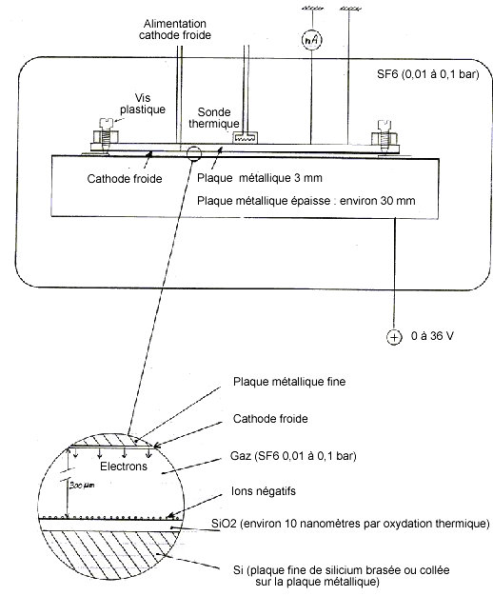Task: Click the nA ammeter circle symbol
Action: [311, 40]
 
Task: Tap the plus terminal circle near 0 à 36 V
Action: [394, 337]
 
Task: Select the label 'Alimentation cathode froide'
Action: [175, 30]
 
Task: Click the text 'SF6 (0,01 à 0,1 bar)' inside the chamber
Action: [427, 73]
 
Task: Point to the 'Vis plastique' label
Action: [143, 104]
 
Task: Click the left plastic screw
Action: [106, 136]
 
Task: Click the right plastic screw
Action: [385, 137]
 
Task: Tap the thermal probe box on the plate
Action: [245, 138]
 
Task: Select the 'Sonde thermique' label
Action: [214, 118]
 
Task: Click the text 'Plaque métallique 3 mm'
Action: [259, 178]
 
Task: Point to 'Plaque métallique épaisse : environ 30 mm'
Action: [306, 201]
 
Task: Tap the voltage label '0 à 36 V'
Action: [432, 336]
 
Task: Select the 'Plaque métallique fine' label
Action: [289, 382]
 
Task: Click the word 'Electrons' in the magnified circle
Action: [124, 467]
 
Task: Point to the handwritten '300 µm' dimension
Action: [82, 486]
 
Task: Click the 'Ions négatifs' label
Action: [263, 491]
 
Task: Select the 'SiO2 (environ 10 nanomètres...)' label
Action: [350, 524]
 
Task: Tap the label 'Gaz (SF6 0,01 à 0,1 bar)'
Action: [293, 455]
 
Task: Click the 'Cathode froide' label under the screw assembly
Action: [125, 179]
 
